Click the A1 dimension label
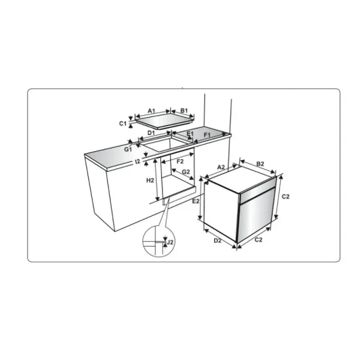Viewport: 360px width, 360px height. coord(151,111)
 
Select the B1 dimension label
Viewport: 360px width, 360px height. coord(184,111)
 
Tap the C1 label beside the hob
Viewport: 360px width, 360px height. coord(122,123)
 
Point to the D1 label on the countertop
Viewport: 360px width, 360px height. coord(151,133)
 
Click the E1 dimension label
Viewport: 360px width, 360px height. coord(190,133)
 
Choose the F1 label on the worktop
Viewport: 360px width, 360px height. coord(207,136)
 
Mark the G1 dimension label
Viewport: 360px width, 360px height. coord(128,148)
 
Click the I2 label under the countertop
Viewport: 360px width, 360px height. coord(137,161)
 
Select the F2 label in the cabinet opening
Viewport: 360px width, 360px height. coord(179,162)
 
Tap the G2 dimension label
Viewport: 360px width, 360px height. coord(186,172)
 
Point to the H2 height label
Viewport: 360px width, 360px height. coord(151,180)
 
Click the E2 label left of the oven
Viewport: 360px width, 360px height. coord(196,202)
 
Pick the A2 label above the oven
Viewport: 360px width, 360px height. coord(220,167)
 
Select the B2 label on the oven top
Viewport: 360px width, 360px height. coord(260,164)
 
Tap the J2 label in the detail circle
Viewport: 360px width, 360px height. coord(170,242)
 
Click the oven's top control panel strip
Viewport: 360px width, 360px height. coord(258,191)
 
